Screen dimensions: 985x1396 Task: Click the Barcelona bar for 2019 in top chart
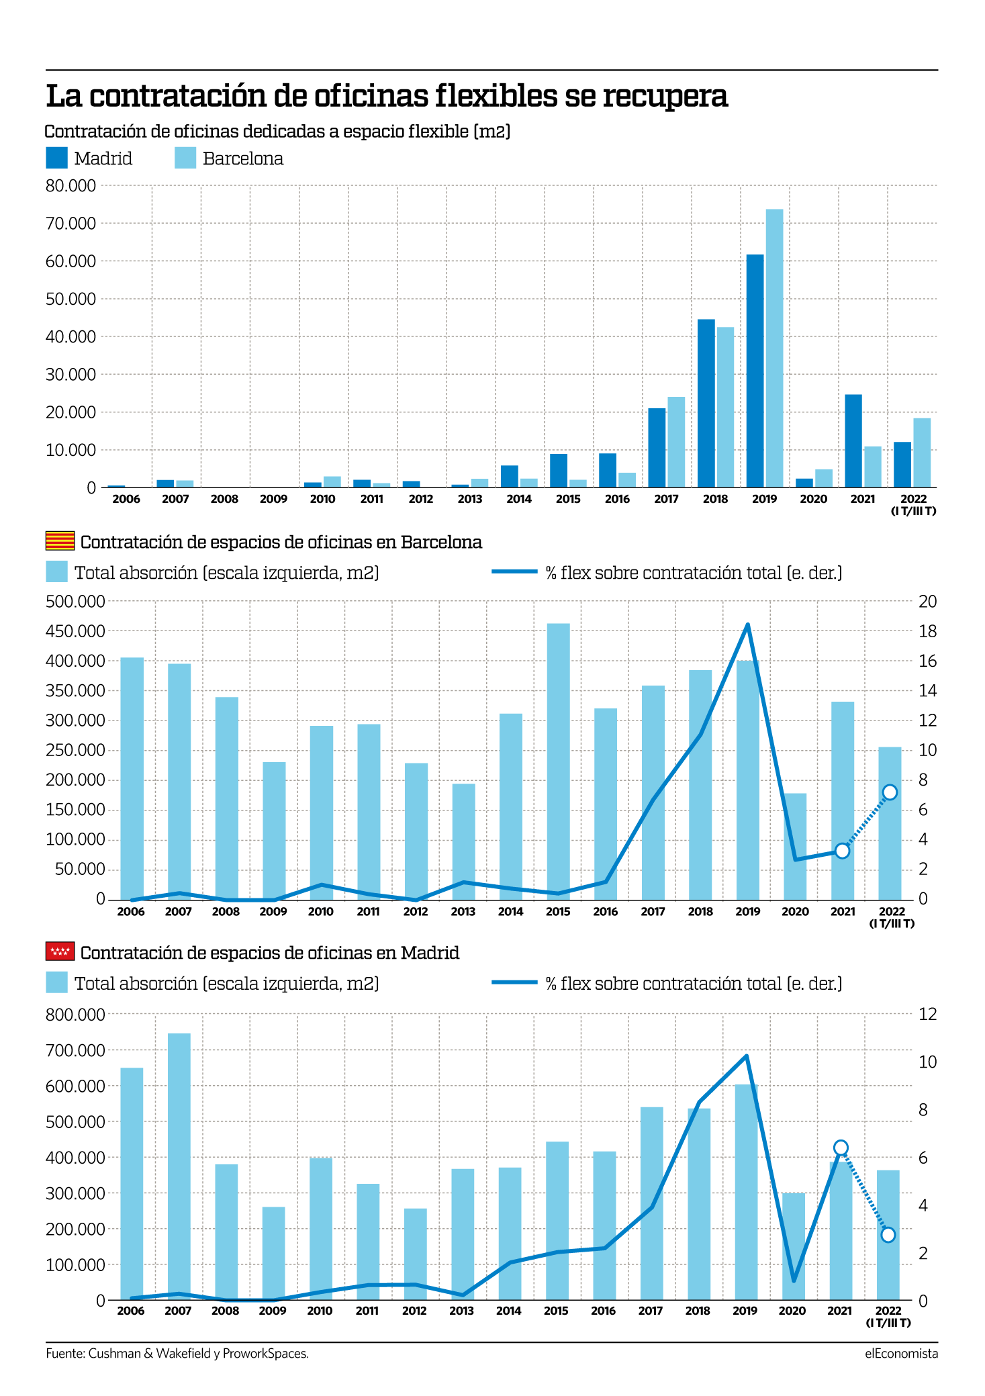[774, 348]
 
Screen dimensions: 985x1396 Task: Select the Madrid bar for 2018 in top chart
[706, 403]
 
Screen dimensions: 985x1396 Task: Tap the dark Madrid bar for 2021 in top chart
[853, 440]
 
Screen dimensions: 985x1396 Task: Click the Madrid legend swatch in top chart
[56, 158]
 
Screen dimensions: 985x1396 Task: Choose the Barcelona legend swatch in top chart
[185, 158]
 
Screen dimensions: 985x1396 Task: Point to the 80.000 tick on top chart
[71, 185]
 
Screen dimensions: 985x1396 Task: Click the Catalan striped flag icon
[60, 541]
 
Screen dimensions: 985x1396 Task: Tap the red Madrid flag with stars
[60, 951]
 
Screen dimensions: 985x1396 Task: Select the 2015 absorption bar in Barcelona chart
[558, 761]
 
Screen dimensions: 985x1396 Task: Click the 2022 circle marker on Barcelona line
[890, 792]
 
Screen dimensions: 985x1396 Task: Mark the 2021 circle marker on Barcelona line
[842, 851]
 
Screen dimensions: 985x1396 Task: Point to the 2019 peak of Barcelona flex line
[747, 624]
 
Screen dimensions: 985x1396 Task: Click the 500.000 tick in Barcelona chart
[75, 602]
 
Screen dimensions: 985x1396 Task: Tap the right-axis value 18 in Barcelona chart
[927, 631]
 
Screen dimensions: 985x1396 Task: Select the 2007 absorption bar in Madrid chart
[179, 1166]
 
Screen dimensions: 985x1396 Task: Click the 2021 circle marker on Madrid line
[840, 1147]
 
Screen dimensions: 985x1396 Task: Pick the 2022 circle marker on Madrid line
[888, 1234]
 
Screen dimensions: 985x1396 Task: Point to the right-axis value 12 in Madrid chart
[927, 1015]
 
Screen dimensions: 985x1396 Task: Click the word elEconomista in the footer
[901, 1353]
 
